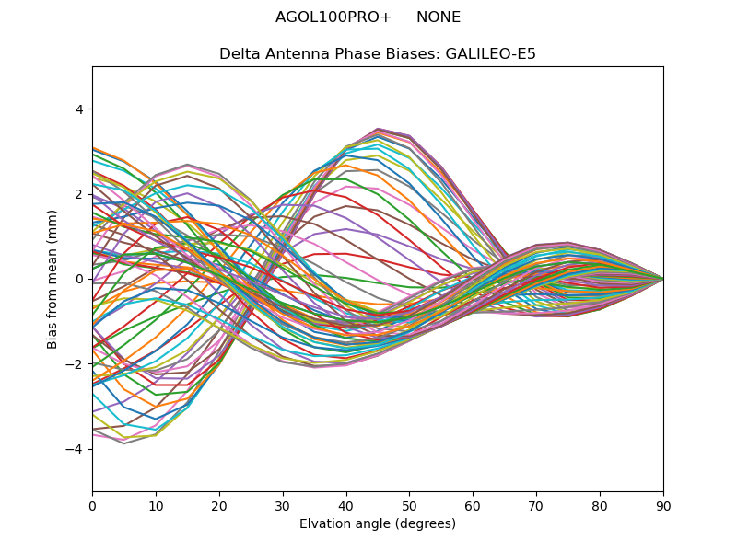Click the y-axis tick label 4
point(78,109)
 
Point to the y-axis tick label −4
point(75,449)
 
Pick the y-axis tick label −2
point(75,364)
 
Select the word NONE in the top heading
point(439,17)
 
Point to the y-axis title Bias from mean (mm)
point(53,279)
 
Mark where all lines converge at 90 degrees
point(662,279)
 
